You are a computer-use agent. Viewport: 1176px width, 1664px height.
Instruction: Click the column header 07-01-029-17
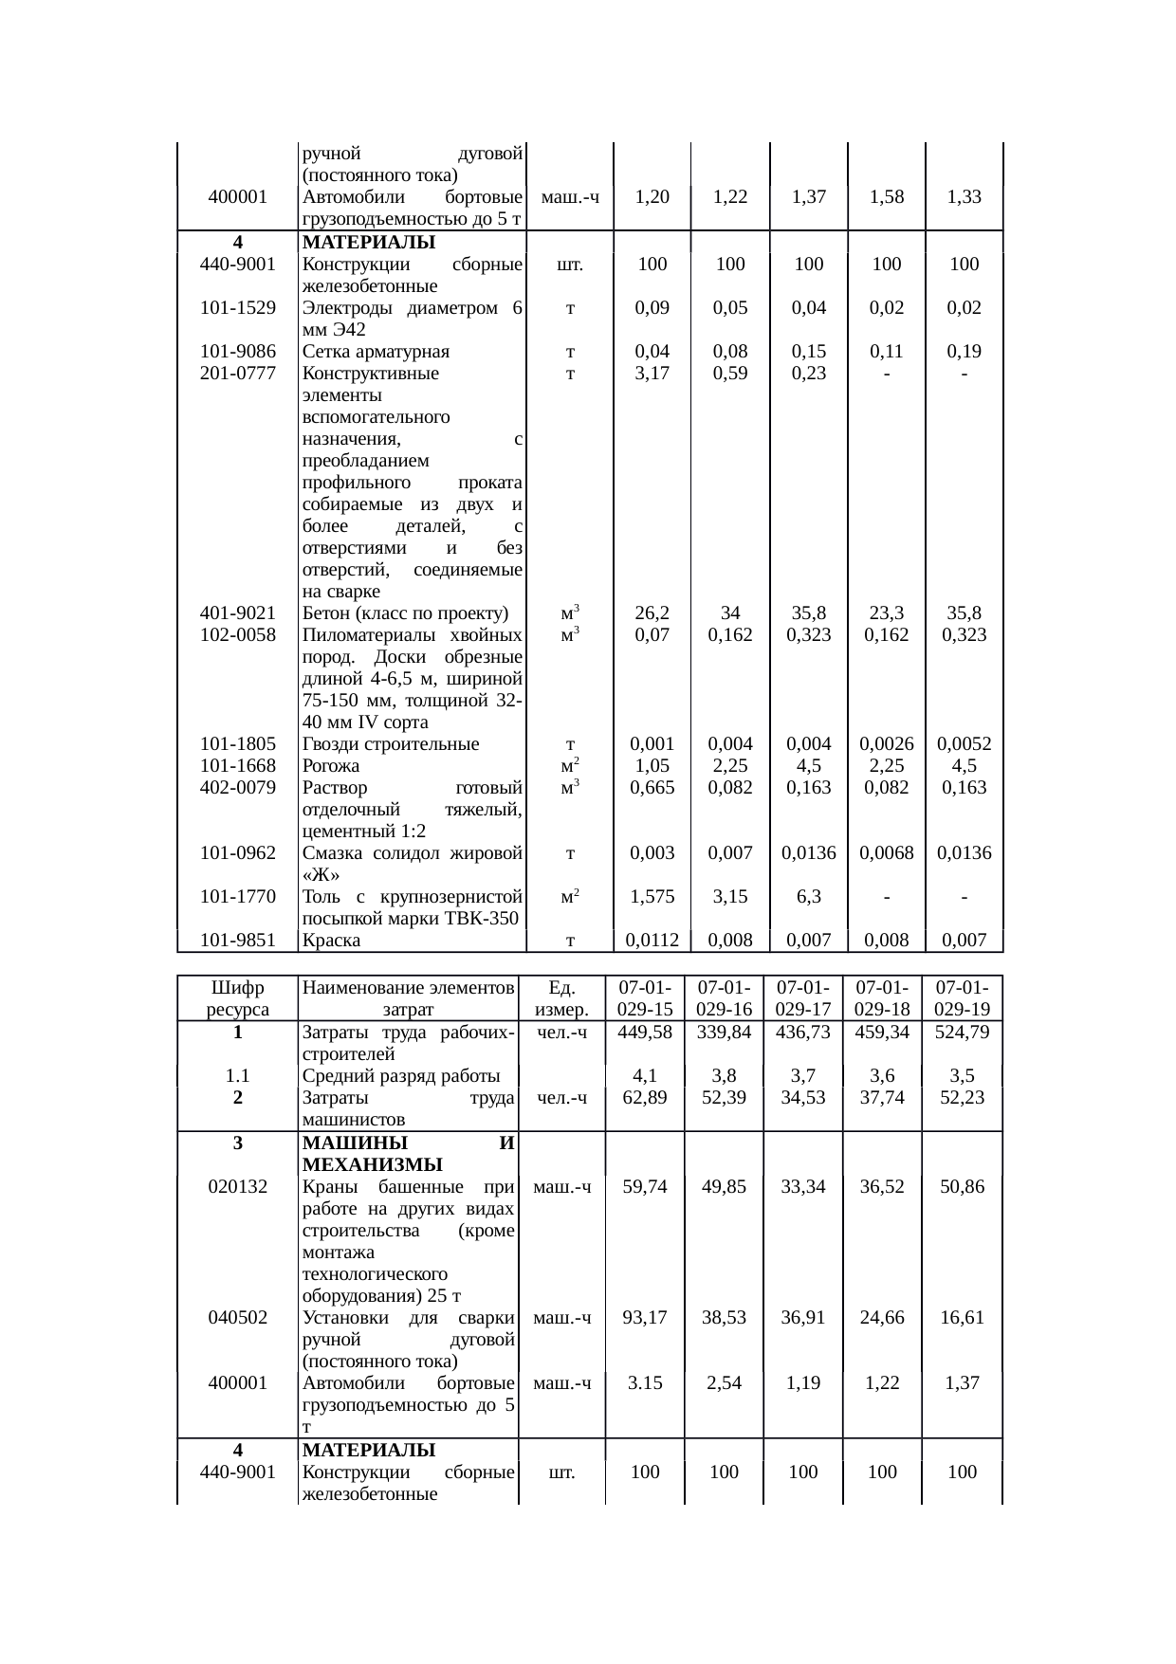coord(802,998)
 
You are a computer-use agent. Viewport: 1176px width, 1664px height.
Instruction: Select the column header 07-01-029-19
coord(962,998)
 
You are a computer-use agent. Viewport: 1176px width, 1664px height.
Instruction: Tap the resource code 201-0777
coord(238,374)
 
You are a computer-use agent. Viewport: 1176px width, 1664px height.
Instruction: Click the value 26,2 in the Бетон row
coord(652,613)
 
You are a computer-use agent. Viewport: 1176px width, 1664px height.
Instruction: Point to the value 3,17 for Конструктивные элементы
coord(652,374)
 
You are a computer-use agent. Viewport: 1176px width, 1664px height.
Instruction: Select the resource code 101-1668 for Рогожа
coord(238,766)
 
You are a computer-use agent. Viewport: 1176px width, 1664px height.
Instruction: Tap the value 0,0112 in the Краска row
coord(652,941)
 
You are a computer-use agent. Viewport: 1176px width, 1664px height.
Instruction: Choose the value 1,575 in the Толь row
coord(652,897)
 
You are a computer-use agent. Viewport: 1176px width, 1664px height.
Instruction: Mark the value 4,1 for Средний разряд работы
coord(645,1076)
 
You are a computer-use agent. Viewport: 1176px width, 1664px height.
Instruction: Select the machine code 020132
coord(238,1187)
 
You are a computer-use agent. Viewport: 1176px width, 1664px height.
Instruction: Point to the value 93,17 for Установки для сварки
coord(645,1318)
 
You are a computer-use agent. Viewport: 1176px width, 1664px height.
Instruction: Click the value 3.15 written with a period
coord(645,1383)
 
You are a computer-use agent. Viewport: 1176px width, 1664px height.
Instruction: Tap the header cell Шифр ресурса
coord(238,998)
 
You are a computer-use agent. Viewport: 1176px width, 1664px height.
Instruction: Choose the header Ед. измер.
coord(562,998)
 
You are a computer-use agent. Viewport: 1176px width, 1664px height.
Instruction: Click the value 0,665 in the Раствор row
coord(652,788)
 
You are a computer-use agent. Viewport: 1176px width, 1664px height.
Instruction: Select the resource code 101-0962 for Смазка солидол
coord(238,853)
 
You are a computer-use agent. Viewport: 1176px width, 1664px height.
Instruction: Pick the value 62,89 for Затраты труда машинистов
coord(645,1098)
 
